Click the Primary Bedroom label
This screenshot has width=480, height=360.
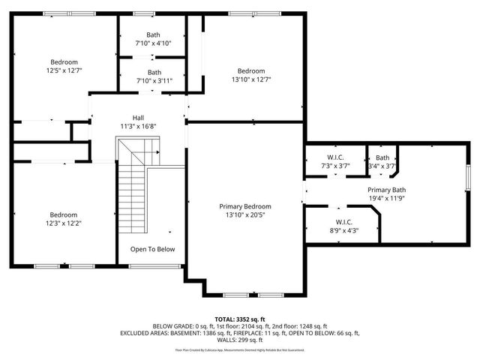[x=244, y=206]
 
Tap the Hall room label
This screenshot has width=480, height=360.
[x=138, y=118]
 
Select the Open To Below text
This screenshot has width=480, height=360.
[x=152, y=249]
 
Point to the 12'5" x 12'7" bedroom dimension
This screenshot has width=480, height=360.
[x=64, y=70]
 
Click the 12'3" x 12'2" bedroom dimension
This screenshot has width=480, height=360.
[x=63, y=223]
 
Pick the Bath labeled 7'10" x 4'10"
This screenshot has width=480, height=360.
[x=153, y=34]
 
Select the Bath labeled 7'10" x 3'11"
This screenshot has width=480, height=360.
[x=153, y=72]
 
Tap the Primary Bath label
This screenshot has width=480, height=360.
[x=386, y=190]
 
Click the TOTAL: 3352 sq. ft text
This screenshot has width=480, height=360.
[x=240, y=319]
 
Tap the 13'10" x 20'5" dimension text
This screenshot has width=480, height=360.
[x=244, y=215]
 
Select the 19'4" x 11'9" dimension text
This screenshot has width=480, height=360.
[x=386, y=199]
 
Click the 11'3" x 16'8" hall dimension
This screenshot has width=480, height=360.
[x=138, y=127]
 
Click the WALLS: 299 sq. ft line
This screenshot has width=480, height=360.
[x=240, y=340]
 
